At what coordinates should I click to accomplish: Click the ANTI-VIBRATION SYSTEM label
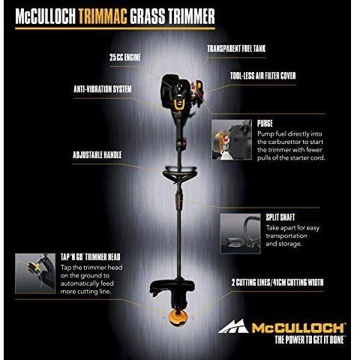coord(102,90)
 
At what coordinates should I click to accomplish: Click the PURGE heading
coord(264,122)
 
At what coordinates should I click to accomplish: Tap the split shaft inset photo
coord(240,232)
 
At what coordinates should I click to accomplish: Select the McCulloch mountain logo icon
coord(232,326)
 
